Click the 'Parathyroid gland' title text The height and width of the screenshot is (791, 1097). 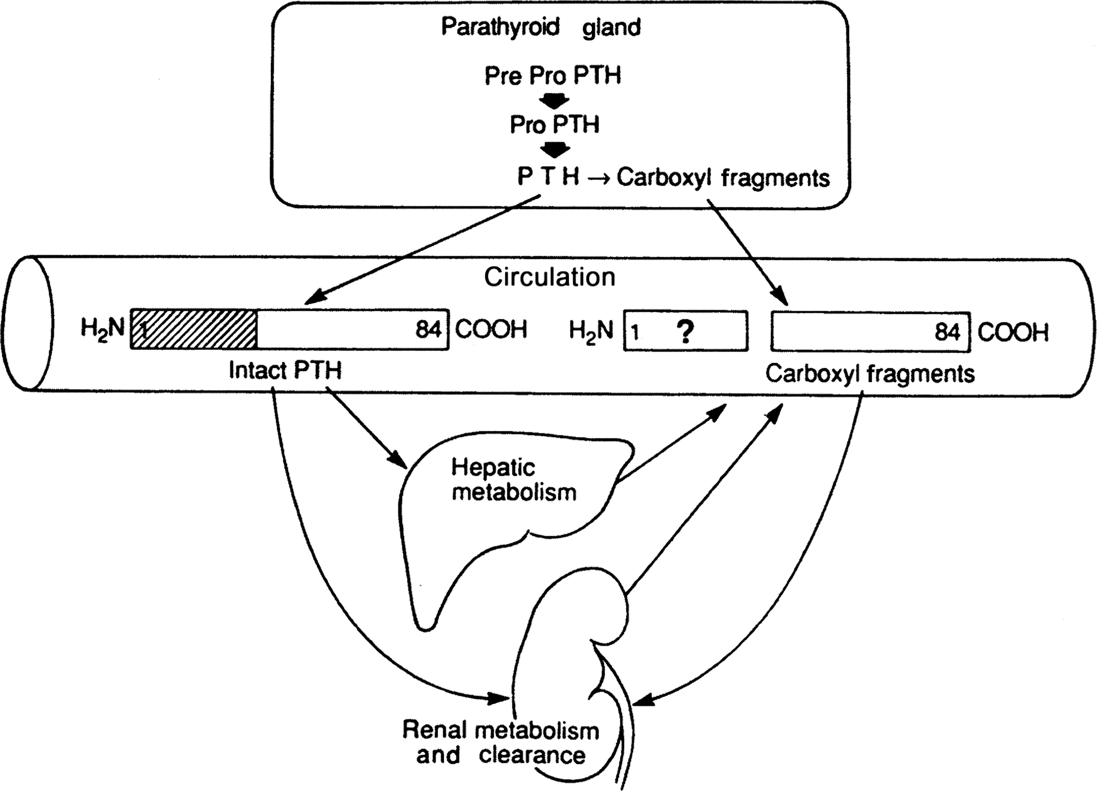(541, 27)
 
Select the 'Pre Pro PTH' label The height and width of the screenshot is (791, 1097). (553, 76)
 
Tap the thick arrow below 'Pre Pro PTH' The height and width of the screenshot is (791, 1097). (554, 102)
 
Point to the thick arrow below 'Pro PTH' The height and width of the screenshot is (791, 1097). (555, 150)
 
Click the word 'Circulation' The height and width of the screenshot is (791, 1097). (549, 277)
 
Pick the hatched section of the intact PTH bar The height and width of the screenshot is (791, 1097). (194, 329)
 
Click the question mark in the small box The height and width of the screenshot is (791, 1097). (685, 332)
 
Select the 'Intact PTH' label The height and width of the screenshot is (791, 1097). (285, 370)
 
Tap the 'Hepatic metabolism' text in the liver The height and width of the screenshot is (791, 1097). (513, 480)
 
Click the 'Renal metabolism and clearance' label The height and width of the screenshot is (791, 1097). (501, 742)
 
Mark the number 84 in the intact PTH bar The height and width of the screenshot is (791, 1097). (429, 329)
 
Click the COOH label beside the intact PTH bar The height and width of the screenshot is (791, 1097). (491, 329)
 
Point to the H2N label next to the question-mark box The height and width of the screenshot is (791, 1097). (591, 331)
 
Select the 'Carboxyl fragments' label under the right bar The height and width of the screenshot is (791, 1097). (870, 374)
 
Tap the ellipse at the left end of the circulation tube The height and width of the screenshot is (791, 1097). (29, 323)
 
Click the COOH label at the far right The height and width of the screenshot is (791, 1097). (1013, 332)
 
